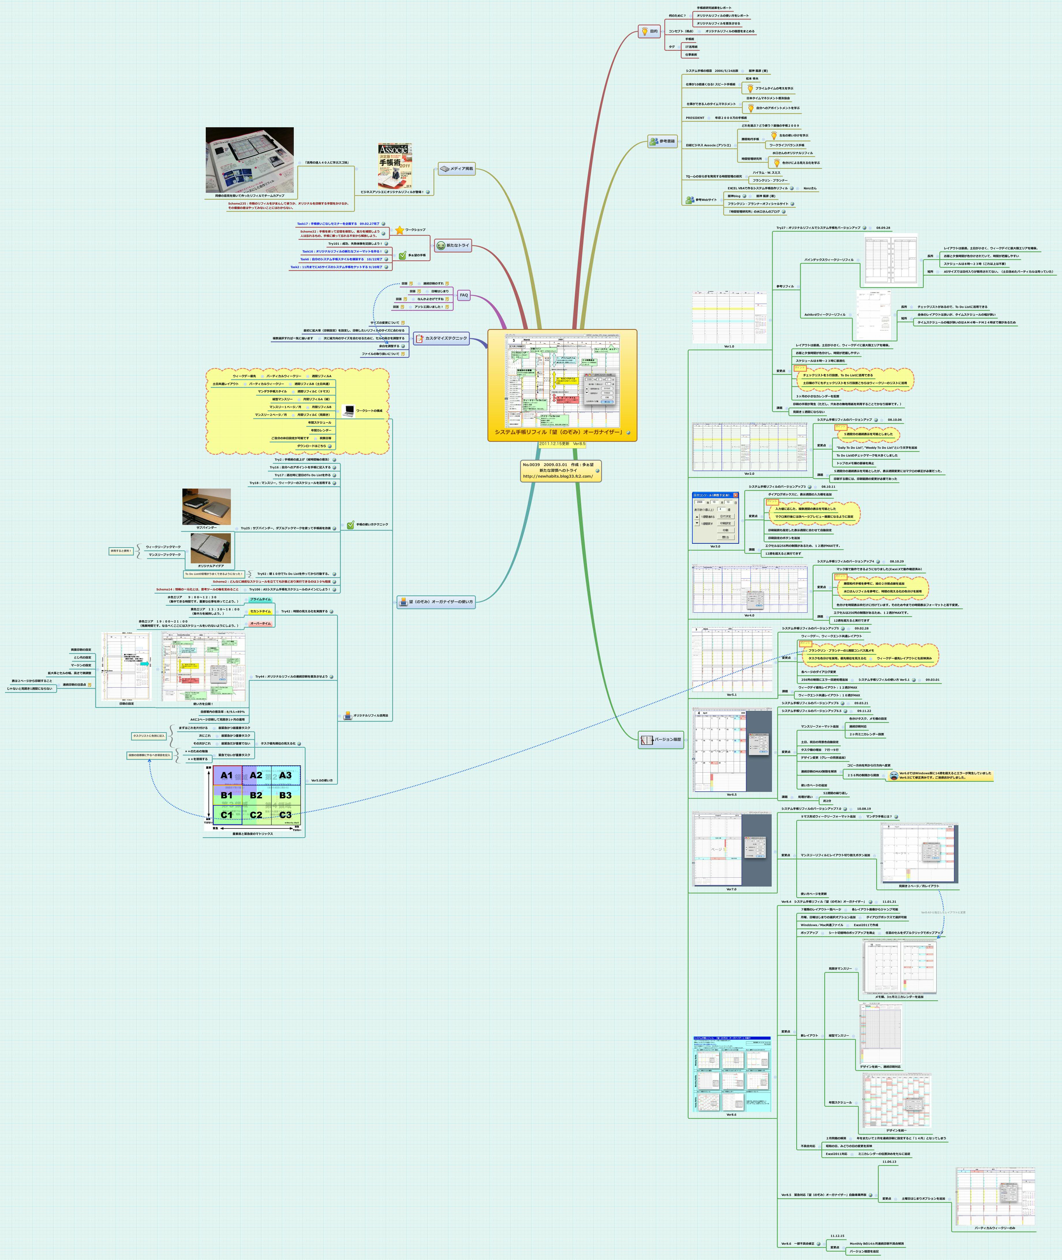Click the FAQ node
coord(463,295)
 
